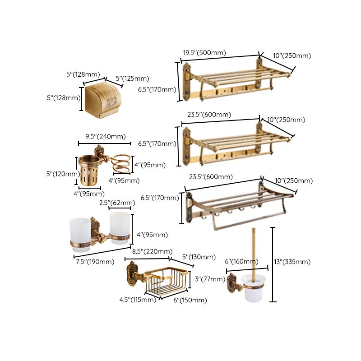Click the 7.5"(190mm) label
click(x=94, y=262)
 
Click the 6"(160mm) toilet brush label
click(x=241, y=262)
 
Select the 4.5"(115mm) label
click(x=138, y=300)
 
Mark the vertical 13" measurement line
click(x=273, y=264)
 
